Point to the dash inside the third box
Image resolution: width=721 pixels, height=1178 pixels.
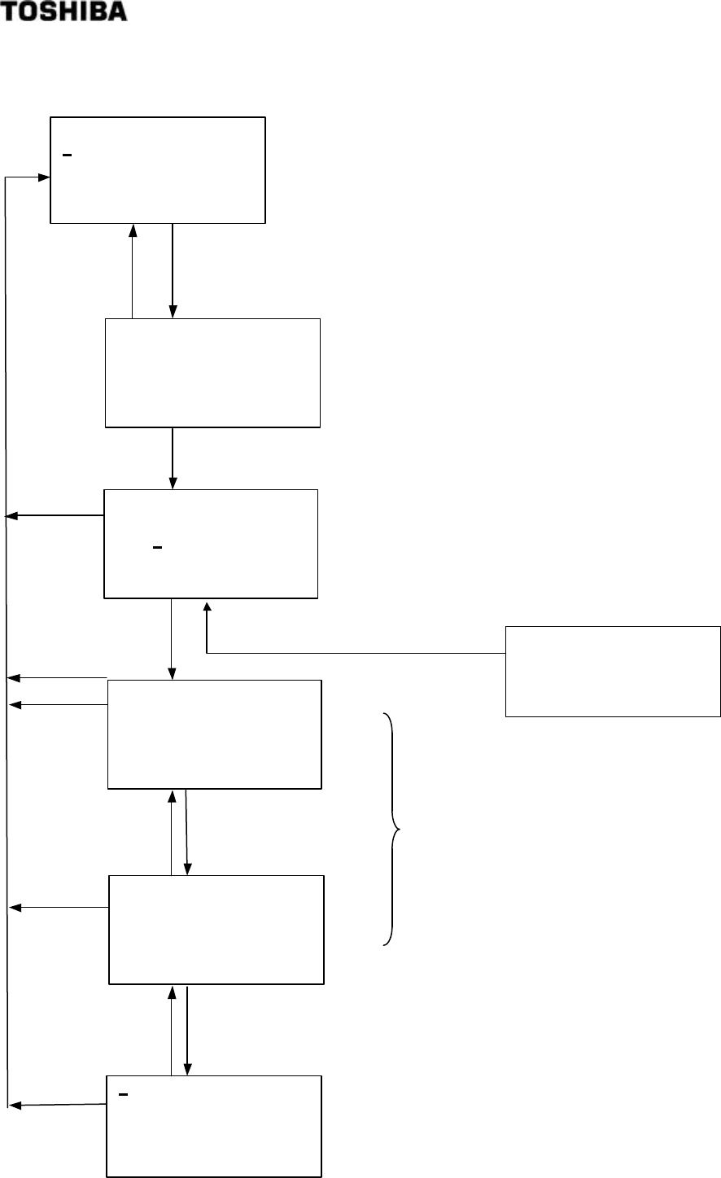pyautogui.click(x=157, y=547)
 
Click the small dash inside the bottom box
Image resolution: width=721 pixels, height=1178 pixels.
pyautogui.click(x=123, y=1095)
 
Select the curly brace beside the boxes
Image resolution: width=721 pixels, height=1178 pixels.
pyautogui.click(x=392, y=830)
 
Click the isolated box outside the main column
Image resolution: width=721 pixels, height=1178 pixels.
pyautogui.click(x=613, y=671)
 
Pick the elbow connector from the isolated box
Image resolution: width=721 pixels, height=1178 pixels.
pyautogui.click(x=342, y=652)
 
